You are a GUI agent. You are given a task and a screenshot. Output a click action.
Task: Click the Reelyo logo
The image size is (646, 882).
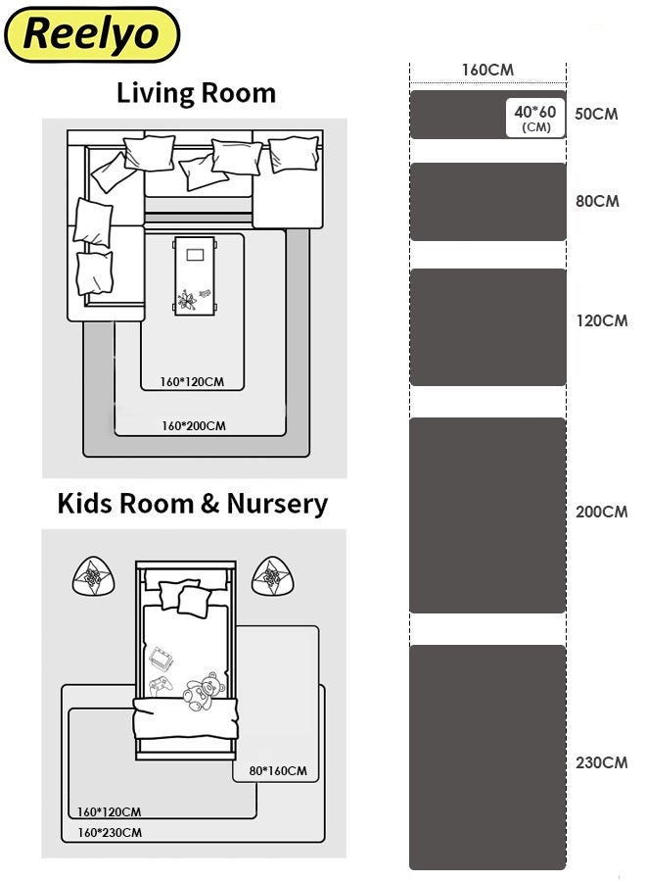92,34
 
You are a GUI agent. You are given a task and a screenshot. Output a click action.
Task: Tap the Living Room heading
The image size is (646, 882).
196,93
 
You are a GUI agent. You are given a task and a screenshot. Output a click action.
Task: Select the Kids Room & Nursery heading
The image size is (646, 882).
193,504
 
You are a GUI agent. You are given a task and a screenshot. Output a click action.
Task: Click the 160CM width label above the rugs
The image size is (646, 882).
487,70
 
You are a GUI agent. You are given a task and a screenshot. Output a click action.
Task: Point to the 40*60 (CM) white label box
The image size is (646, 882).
534,119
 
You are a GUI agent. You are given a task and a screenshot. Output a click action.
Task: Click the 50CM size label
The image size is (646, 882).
596,114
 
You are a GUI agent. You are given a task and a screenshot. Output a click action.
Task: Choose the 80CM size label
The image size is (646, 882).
597,201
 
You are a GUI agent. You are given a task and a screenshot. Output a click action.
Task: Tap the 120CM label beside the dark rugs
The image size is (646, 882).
602,320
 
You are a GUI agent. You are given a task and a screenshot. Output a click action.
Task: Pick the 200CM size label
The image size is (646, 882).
602,512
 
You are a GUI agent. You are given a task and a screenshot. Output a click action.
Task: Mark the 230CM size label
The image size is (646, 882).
602,762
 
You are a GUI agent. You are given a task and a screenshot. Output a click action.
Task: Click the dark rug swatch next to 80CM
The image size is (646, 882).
487,202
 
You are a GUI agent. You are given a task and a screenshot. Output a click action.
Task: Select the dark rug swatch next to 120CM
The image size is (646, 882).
487,327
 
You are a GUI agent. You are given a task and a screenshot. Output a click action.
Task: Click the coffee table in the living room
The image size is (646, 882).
195,275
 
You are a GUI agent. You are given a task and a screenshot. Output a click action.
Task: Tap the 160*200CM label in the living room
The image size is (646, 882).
194,426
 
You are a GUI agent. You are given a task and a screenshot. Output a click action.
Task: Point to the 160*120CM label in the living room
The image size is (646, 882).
192,382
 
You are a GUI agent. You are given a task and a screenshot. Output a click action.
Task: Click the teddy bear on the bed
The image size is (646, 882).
205,691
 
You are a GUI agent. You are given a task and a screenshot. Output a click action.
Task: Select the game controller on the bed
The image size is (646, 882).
161,686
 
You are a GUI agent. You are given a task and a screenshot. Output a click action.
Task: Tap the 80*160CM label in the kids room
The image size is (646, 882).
278,770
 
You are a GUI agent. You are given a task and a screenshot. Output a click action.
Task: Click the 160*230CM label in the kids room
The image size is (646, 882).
110,832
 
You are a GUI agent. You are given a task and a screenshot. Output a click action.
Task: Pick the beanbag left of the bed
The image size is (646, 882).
94,576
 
